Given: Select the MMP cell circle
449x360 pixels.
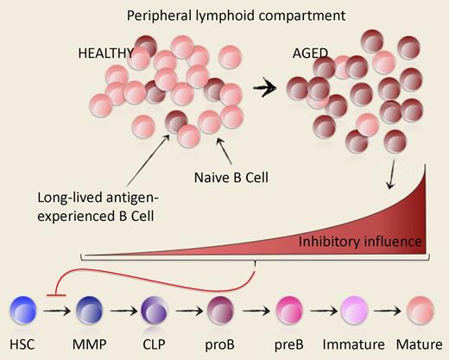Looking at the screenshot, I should [91, 312].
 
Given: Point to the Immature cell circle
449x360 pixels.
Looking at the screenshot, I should [353, 312].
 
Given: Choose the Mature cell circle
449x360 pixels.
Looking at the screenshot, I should [421, 312].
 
